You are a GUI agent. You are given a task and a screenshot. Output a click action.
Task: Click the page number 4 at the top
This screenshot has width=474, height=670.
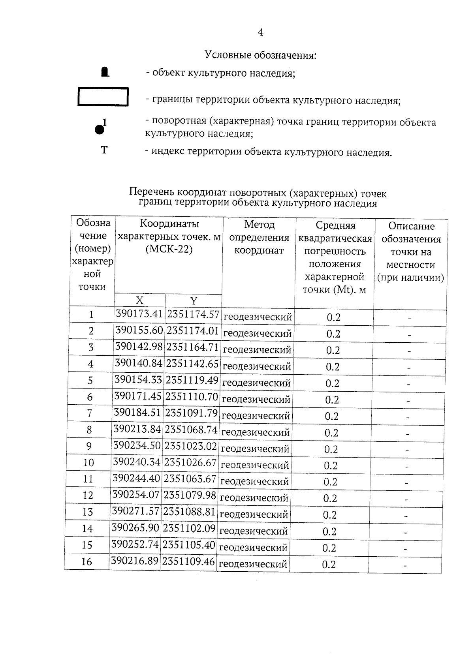coord(260,32)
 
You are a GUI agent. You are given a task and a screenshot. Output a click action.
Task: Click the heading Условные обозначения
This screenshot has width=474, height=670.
coord(261,55)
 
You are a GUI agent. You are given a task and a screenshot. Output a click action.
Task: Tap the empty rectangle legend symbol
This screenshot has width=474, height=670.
coord(103,97)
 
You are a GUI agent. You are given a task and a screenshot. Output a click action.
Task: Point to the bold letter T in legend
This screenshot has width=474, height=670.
coord(104,150)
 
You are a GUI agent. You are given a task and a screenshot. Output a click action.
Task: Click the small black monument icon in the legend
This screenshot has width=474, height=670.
coord(105,72)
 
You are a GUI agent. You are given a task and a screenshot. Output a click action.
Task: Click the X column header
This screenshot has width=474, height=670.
coord(139,300)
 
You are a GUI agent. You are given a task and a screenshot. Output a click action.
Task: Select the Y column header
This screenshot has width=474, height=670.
coord(194,301)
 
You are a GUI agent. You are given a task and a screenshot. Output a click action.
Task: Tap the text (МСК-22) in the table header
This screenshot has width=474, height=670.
coord(169,250)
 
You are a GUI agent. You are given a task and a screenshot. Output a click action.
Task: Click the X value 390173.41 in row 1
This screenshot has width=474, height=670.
coord(139,314)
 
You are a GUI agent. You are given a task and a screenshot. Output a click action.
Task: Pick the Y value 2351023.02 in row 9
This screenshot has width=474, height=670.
coord(191,446)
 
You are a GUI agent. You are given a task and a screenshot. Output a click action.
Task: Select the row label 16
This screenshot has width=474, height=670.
coord(87,561)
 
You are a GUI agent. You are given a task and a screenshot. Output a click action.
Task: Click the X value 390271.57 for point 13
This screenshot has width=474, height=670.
coord(135,511)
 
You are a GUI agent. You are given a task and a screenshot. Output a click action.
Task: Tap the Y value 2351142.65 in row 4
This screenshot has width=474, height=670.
coord(192,364)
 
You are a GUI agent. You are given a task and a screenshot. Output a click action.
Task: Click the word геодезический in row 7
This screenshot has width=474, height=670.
coord(256,416)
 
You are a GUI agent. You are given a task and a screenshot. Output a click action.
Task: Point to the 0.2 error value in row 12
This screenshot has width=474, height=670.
coord(330,498)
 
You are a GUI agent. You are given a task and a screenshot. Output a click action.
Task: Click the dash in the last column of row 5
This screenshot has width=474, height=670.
coord(409,384)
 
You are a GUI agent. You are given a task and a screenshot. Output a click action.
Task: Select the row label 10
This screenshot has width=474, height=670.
coord(88,462)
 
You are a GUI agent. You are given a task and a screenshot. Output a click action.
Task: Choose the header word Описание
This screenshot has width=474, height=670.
coord(411,226)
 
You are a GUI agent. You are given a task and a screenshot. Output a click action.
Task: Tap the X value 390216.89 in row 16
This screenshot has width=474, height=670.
coord(135,561)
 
